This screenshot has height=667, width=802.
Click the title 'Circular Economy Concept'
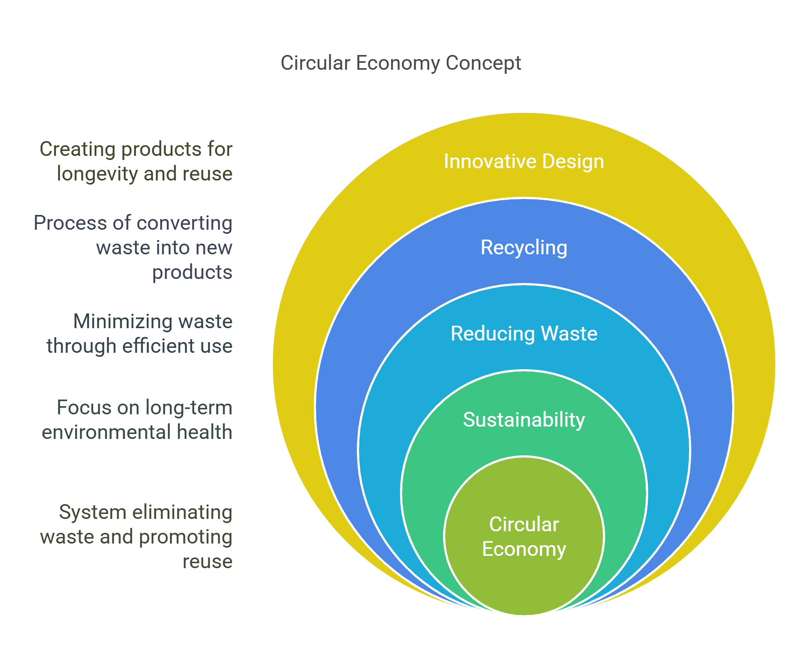(400, 63)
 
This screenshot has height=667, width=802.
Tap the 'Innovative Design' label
(523, 161)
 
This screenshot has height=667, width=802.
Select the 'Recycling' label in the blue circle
(523, 247)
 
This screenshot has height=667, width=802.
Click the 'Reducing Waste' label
(523, 333)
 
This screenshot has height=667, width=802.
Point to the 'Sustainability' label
(523, 420)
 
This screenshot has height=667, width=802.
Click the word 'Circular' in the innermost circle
(523, 524)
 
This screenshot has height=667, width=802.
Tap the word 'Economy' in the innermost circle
(523, 549)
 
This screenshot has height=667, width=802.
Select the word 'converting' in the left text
(184, 223)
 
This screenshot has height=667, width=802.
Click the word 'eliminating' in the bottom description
(182, 512)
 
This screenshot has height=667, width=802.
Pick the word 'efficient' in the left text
(158, 346)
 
